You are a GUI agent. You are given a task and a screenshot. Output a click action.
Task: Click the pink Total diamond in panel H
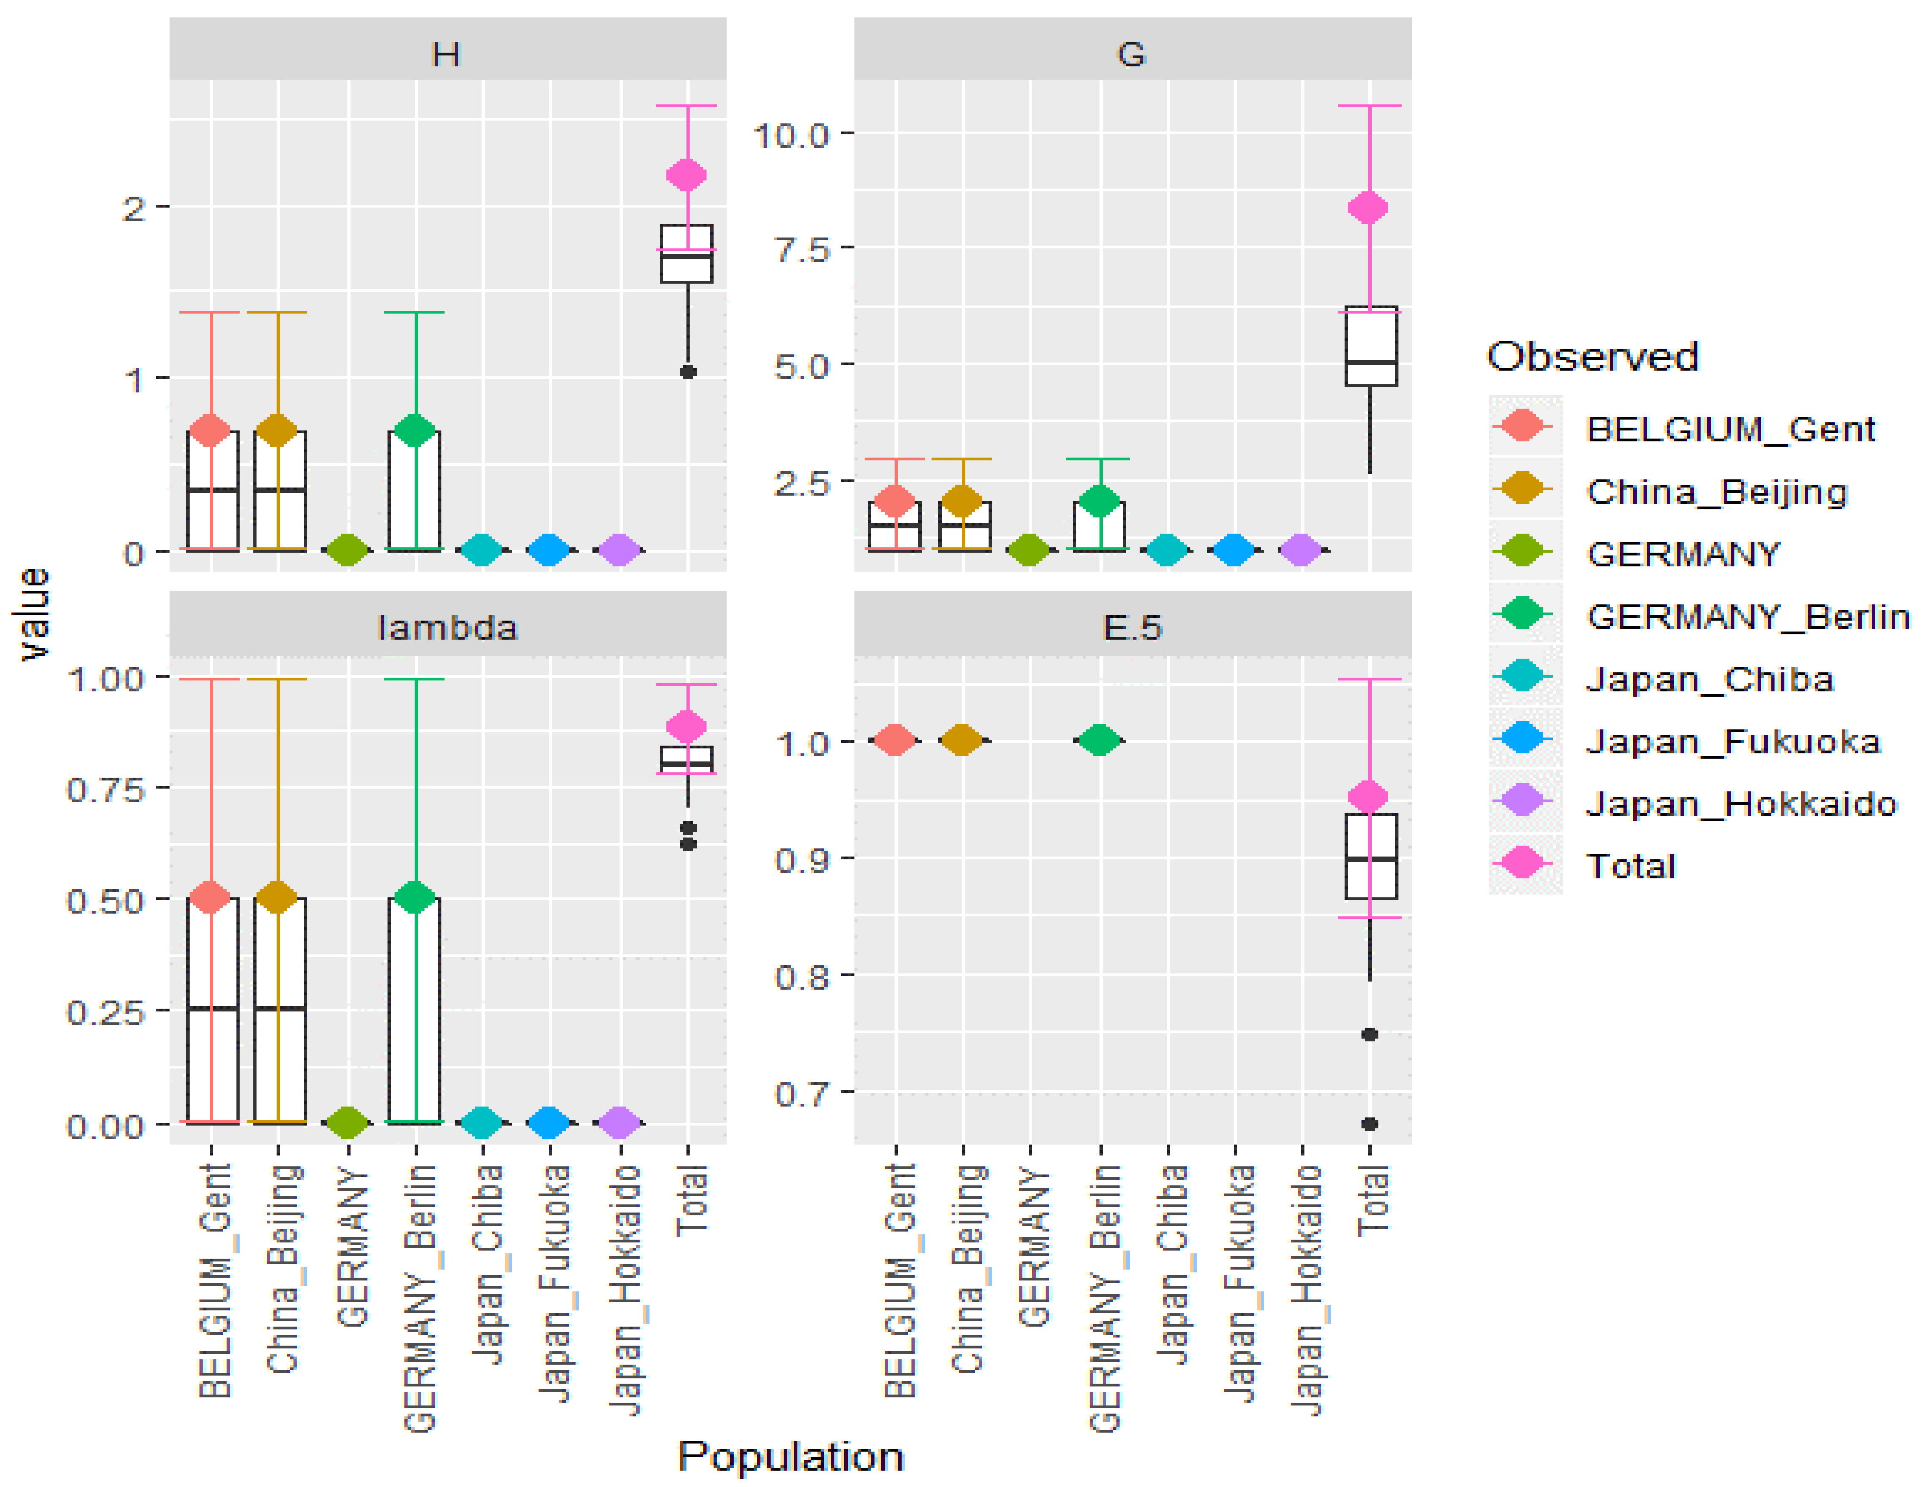tap(686, 174)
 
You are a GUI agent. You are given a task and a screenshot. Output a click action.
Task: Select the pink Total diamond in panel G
tap(1368, 208)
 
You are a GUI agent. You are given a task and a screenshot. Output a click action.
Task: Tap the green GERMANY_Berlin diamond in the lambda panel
tap(415, 897)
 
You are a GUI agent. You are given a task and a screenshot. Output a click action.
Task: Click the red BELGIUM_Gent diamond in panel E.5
tap(895, 740)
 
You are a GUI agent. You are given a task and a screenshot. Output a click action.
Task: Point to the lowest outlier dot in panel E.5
tap(1369, 1124)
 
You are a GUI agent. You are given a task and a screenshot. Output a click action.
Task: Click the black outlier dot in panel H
tap(688, 372)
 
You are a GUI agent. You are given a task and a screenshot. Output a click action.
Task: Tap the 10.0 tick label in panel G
tap(790, 136)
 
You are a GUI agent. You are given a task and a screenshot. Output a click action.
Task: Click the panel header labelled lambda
tap(447, 627)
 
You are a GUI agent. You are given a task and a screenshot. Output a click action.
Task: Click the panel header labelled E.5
tap(1132, 627)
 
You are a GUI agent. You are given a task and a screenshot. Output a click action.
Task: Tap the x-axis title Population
tap(790, 1456)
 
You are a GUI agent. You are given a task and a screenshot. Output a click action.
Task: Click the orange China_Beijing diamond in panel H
tap(278, 430)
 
